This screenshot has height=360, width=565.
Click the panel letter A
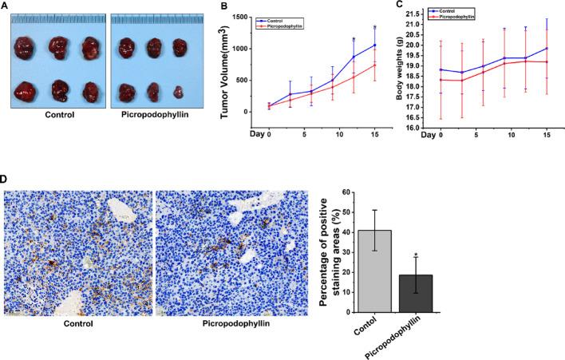tap(6, 6)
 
